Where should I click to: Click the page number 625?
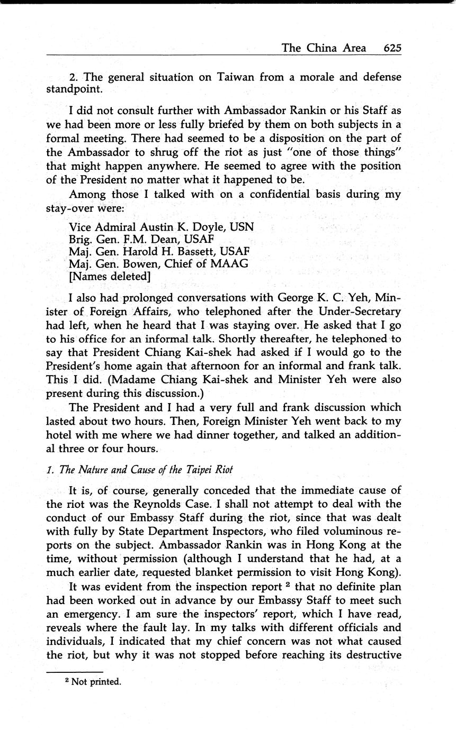coord(392,48)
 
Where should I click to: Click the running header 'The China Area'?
coord(323,48)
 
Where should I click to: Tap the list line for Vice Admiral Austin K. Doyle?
coord(162,227)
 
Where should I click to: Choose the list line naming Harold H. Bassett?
coord(159,251)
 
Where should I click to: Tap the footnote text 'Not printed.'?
coord(96,682)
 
